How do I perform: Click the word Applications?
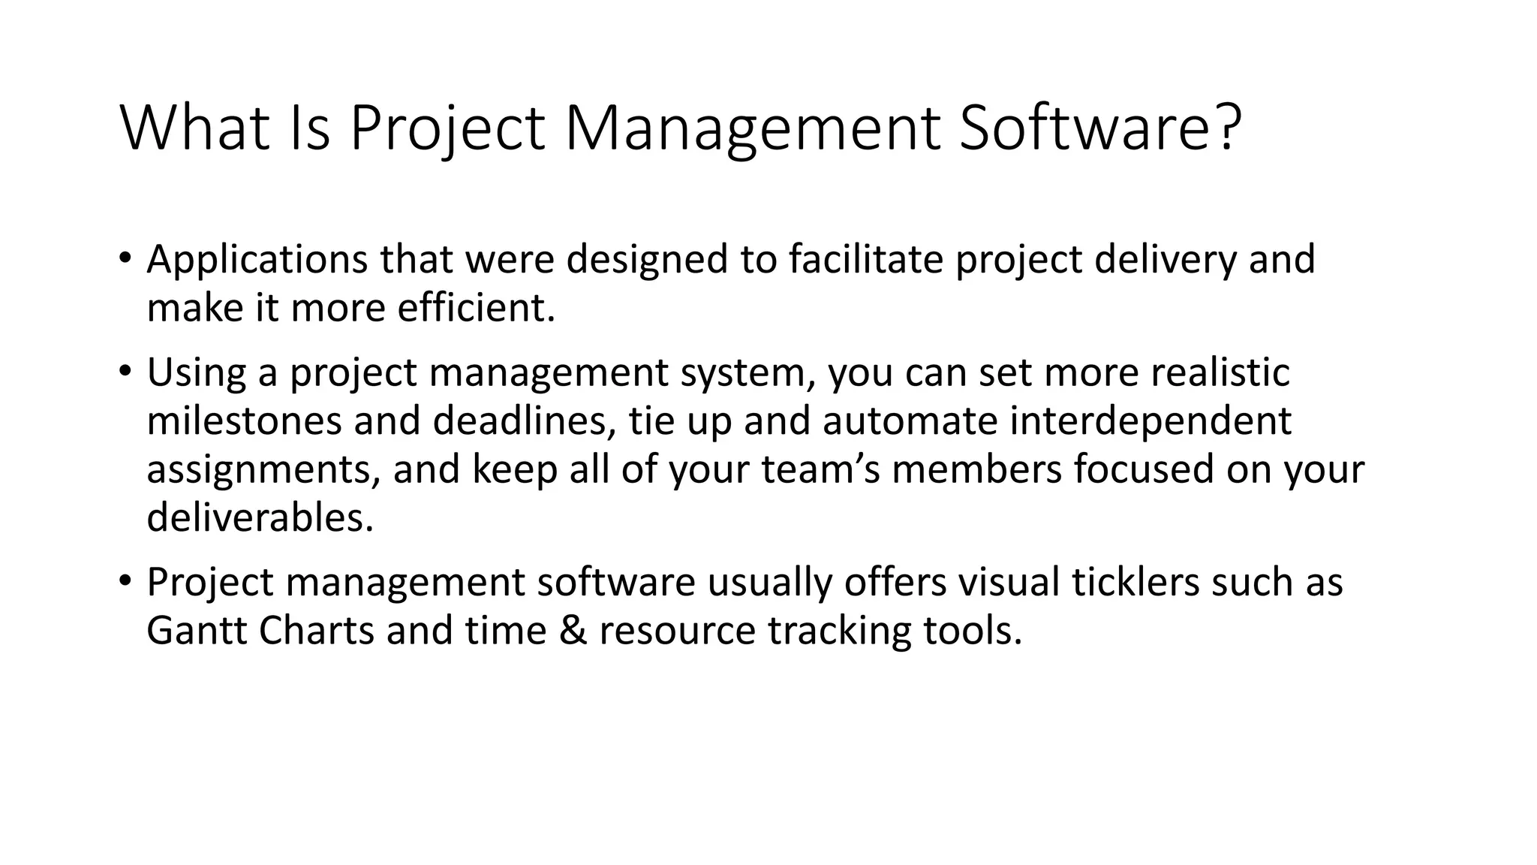[x=257, y=260]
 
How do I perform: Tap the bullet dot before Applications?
[x=125, y=258]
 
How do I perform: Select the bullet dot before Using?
[x=125, y=371]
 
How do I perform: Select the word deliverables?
[x=260, y=517]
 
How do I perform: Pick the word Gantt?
[x=197, y=631]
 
